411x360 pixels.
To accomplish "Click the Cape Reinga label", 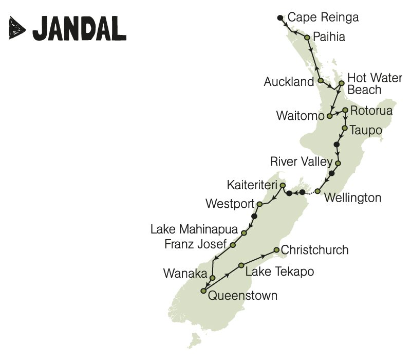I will [323, 17].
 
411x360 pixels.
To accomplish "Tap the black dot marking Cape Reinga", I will [280, 18].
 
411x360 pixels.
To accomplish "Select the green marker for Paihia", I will [307, 38].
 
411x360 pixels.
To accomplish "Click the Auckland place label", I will [288, 82].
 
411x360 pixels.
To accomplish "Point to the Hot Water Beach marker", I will [341, 83].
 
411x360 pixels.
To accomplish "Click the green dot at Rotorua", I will [346, 110].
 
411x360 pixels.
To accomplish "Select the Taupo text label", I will [366, 130].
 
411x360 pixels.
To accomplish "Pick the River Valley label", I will [301, 162].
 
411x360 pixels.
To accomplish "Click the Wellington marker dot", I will [317, 191].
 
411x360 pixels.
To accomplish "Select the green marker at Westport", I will [259, 204].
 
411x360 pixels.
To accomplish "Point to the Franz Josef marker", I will [233, 245].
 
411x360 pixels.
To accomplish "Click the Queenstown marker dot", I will [203, 291].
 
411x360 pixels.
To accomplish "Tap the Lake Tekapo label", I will [279, 271].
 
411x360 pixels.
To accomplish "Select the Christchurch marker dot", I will [276, 250].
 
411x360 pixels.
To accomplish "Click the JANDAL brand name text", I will [80, 28].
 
